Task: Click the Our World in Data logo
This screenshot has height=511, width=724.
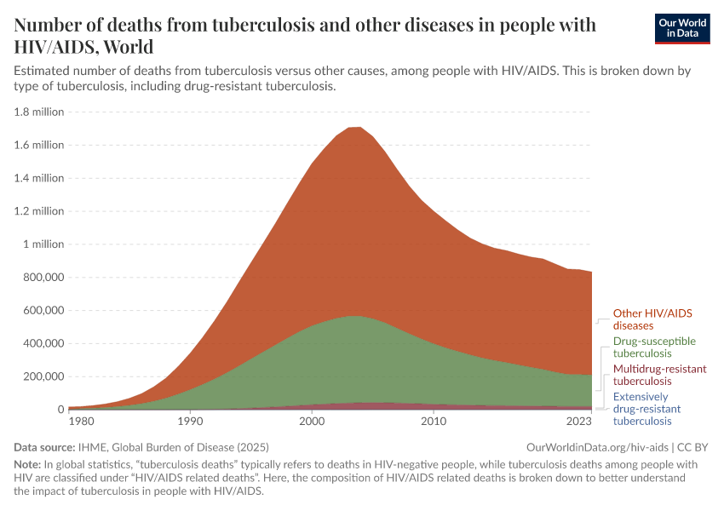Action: tap(681, 28)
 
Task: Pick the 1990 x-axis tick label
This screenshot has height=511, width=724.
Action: tap(190, 421)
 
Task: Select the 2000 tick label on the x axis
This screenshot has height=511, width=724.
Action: tap(312, 421)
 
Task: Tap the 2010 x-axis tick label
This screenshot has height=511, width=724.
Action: tap(434, 421)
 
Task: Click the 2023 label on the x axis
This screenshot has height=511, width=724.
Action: tap(579, 421)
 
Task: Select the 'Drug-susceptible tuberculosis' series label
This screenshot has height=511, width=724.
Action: tap(654, 347)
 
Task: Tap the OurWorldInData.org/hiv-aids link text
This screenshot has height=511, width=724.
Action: tap(597, 446)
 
